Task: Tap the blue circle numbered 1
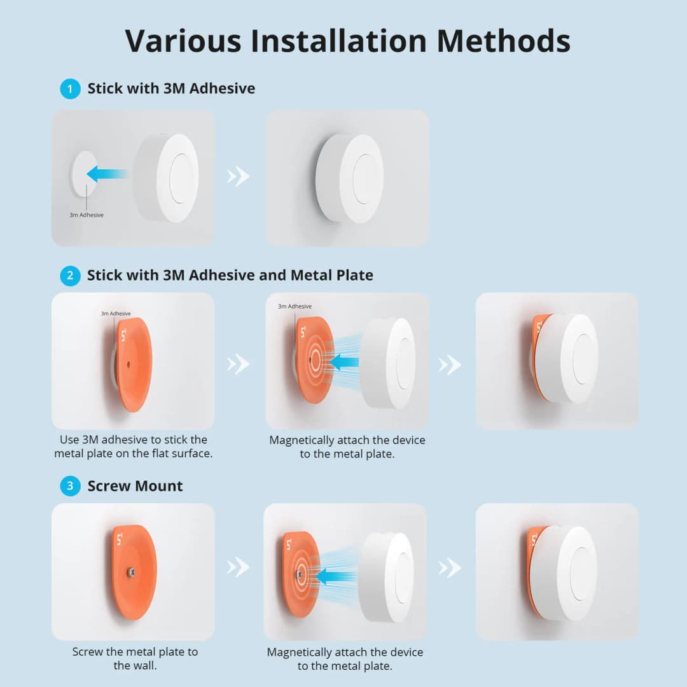point(70,88)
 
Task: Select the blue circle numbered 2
point(70,275)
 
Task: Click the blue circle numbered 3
point(70,487)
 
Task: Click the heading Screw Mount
point(135,487)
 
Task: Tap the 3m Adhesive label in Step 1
point(87,215)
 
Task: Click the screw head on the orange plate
point(132,572)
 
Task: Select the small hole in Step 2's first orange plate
point(128,364)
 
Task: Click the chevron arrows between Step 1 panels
point(239,176)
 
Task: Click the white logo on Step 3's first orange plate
point(120,540)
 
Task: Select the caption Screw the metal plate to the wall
point(135,658)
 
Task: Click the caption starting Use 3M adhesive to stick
point(133,447)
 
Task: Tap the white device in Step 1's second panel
point(350,178)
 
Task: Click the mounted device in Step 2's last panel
point(566,358)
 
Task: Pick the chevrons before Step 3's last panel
point(450,567)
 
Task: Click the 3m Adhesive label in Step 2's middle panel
point(295,307)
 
